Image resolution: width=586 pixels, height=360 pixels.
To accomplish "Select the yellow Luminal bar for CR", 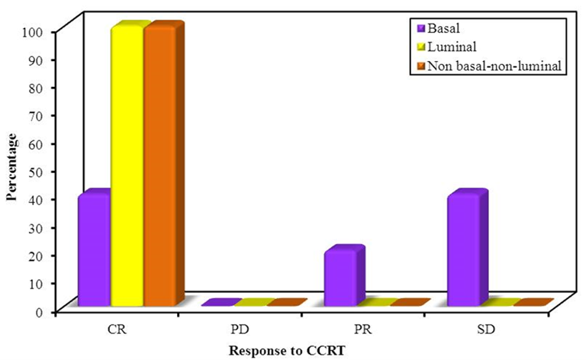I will [127, 168].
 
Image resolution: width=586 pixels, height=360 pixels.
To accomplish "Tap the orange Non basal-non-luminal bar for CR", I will [159, 168].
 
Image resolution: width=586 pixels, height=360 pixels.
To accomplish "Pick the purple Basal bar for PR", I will [340, 279].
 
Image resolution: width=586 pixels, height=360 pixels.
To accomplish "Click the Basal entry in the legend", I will [446, 30].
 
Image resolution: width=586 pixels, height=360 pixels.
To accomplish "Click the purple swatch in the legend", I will [420, 30].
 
